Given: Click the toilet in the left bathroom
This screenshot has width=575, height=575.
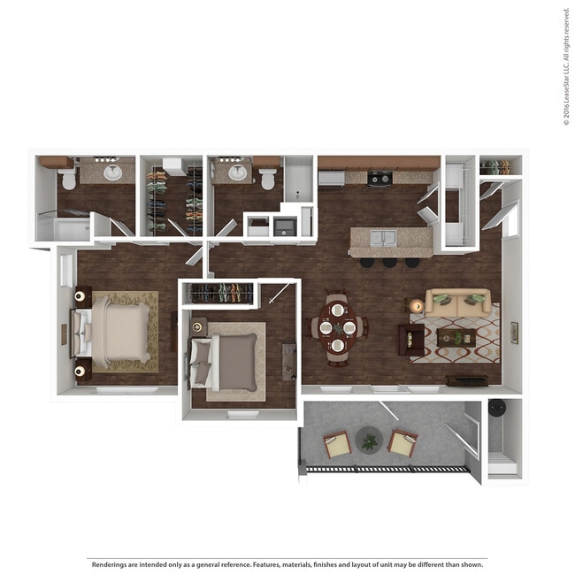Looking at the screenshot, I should coord(66,178).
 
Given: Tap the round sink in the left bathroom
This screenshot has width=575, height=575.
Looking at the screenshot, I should coord(112,172).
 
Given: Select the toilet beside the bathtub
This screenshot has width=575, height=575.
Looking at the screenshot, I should coord(268,178).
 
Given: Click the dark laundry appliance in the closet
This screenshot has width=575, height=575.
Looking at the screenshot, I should coord(285,226).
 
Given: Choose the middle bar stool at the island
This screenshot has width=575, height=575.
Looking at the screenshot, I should coord(389,262).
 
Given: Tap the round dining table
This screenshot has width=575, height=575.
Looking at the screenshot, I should coord(337,327).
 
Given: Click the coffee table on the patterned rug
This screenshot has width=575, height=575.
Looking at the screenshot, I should coord(456,336).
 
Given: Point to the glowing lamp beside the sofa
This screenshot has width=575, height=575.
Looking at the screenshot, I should coord(417,305).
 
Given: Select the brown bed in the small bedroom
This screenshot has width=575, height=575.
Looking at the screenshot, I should coord(230,361).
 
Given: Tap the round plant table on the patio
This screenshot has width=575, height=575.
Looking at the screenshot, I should coord(368,440).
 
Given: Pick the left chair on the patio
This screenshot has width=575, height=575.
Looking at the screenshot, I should coord(337,444).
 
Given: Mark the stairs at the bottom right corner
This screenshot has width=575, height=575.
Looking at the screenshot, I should coord(502,464).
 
